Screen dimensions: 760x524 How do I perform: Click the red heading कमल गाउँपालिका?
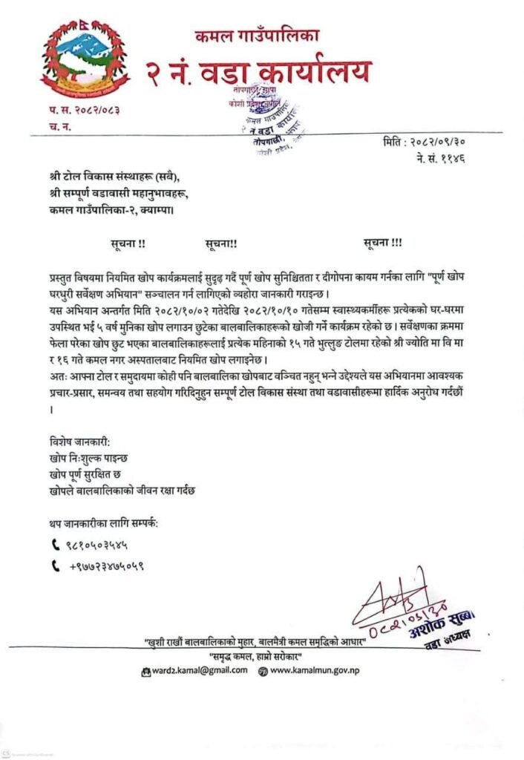pos(257,35)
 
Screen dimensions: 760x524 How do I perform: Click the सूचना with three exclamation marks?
pos(383,243)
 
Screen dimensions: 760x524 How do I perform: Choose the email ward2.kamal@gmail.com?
pos(202,670)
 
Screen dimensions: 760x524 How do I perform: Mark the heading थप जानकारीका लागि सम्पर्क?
pos(104,523)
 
